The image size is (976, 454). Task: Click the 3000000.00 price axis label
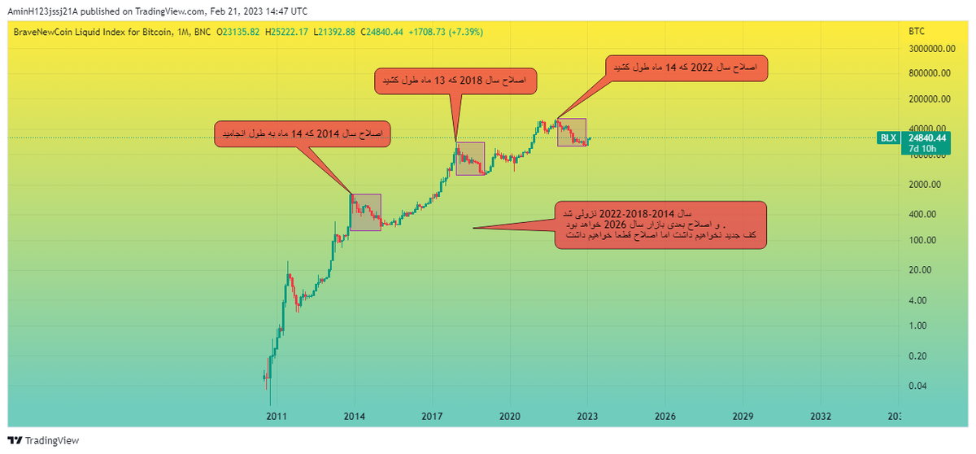tap(929, 49)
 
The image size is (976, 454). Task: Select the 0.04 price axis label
tap(918, 386)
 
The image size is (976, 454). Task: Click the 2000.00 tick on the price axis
tap(926, 185)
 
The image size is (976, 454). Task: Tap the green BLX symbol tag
tap(888, 138)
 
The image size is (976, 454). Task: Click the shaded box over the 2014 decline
tap(365, 212)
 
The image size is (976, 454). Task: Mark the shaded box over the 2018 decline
tap(470, 159)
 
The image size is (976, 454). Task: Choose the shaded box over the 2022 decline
tap(572, 133)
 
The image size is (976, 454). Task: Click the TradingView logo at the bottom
tap(45, 440)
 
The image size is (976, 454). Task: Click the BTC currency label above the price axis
tap(916, 31)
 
